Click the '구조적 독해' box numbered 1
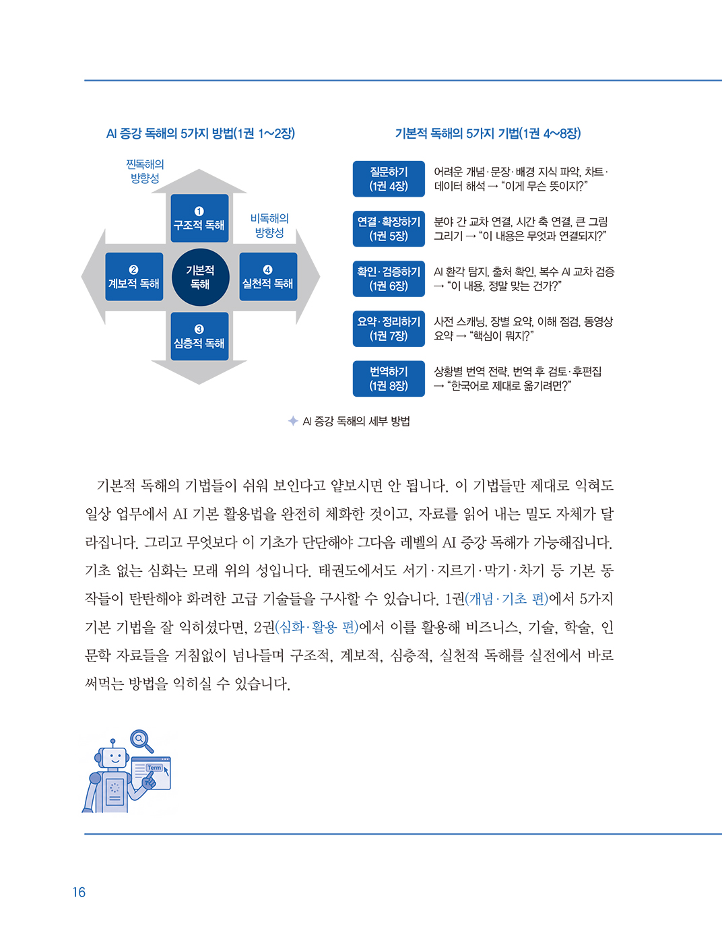click(199, 218)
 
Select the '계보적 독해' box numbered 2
click(134, 277)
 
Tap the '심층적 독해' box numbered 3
click(199, 336)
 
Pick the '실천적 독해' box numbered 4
click(268, 277)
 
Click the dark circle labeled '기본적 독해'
click(200, 278)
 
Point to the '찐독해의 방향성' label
click(145, 171)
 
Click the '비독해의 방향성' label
click(269, 225)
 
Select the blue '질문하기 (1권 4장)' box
click(389, 178)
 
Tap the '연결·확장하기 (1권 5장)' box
click(389, 229)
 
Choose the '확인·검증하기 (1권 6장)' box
click(389, 279)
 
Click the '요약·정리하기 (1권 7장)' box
click(389, 329)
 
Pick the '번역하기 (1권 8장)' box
click(389, 379)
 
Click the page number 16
click(79, 892)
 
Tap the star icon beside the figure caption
click(293, 420)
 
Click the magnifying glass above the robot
click(141, 741)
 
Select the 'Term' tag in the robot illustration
click(154, 768)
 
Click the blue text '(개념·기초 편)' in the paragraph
click(506, 599)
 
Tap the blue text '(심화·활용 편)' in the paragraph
click(317, 627)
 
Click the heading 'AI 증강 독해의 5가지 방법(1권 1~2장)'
click(201, 133)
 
